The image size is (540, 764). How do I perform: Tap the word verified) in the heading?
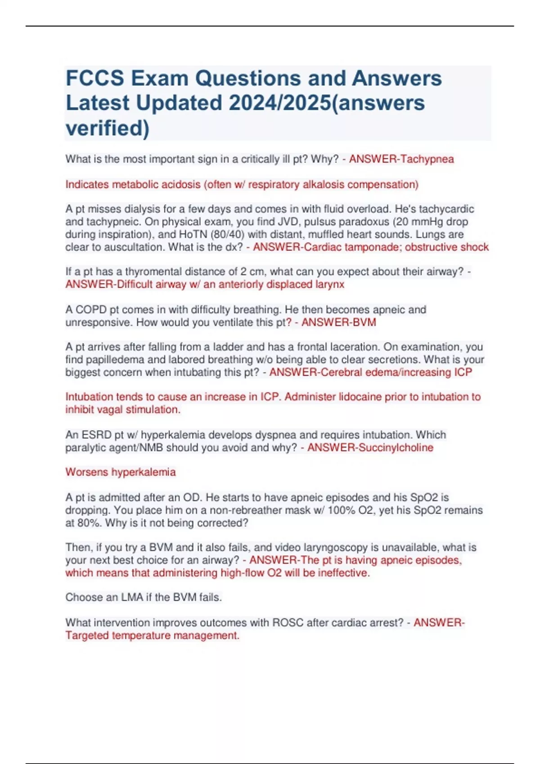pyautogui.click(x=108, y=128)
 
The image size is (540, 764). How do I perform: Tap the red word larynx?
pyautogui.click(x=329, y=284)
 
